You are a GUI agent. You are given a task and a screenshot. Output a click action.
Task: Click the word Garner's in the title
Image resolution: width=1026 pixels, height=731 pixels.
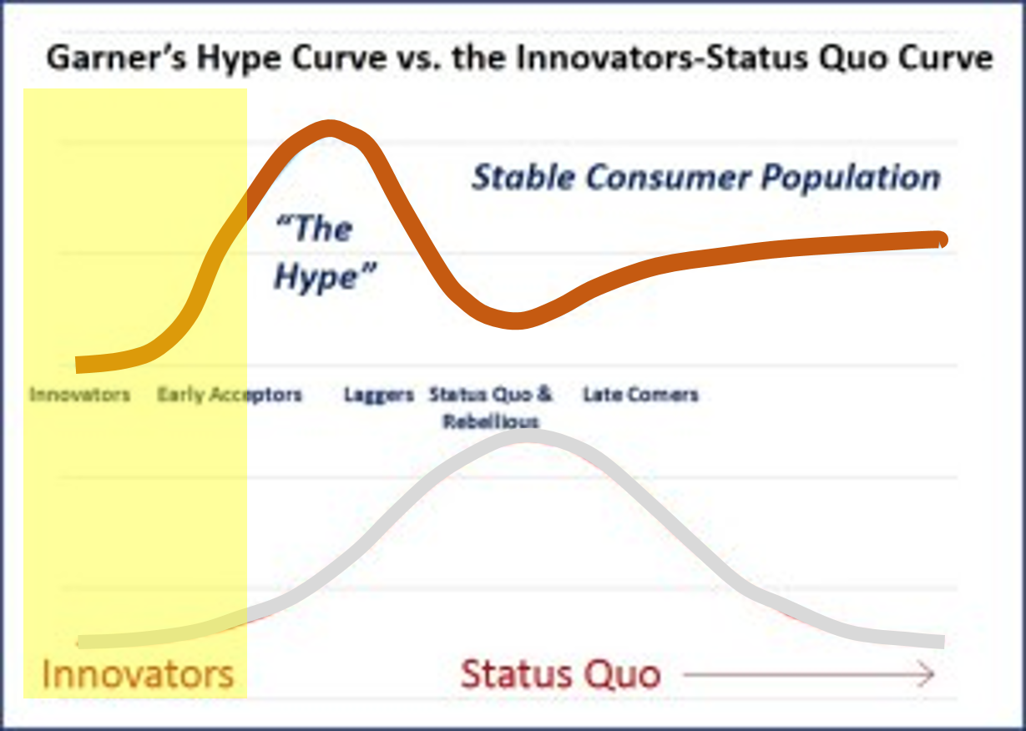116,58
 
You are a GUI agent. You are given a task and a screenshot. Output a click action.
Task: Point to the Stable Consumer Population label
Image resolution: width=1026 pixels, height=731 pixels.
705,178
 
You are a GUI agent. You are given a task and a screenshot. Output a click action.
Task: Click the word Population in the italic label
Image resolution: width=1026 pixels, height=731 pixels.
851,178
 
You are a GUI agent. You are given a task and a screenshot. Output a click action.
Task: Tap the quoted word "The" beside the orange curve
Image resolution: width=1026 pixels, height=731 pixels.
314,228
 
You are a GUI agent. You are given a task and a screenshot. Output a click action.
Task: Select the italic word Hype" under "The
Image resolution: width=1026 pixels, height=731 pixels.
325,276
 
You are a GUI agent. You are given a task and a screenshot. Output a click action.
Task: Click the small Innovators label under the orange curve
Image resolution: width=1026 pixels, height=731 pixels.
79,394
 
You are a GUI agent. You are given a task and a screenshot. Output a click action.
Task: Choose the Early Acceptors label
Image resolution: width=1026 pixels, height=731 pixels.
230,395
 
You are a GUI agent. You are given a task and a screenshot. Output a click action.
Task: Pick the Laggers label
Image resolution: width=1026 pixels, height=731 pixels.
379,395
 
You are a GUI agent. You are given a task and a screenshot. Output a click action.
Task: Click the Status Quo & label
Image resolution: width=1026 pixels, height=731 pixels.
491,394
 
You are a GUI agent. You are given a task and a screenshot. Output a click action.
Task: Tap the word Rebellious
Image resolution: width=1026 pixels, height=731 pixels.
491,421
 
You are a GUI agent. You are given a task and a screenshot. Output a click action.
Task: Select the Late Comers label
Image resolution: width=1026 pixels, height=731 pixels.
641,394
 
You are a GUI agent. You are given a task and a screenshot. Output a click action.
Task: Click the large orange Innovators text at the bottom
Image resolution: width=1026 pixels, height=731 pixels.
138,674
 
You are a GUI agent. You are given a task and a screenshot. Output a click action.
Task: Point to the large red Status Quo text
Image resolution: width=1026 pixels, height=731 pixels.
561,673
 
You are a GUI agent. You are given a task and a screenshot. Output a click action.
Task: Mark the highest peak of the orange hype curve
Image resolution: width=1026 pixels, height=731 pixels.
330,129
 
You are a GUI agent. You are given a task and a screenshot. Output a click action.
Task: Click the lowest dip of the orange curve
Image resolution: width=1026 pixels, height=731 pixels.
516,320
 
